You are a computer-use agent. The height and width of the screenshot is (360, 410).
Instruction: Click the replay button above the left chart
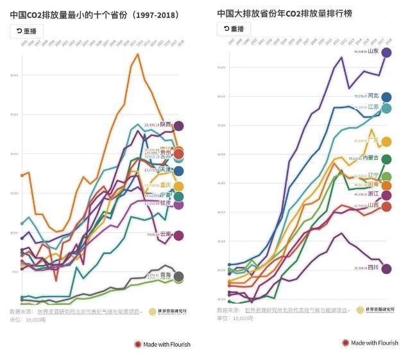[x=27, y=30]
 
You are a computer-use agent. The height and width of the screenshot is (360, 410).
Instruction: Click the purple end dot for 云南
[x=179, y=236]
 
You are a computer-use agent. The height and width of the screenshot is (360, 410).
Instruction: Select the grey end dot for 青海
[x=179, y=277]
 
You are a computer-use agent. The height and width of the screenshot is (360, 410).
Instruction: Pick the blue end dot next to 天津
[x=179, y=171]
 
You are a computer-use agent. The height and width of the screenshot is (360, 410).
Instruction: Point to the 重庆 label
[x=166, y=186]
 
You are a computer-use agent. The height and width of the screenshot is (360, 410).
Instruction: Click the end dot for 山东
[x=386, y=52]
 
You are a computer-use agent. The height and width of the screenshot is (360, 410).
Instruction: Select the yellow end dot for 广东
[x=386, y=142]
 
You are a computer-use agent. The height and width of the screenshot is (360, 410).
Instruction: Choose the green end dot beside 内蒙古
[x=386, y=159]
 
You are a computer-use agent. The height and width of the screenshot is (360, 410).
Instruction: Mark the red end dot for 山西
[x=386, y=206]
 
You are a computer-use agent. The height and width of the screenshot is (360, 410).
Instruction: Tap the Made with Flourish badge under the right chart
[x=370, y=343]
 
